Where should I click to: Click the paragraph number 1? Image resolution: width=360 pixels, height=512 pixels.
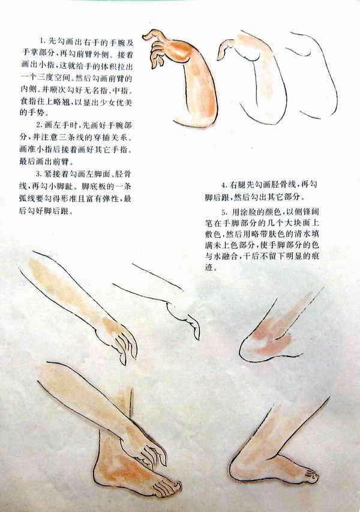(x=41, y=41)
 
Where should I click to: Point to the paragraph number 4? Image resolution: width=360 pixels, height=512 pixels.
(x=224, y=185)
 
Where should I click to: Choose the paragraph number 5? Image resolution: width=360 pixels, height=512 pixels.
(x=224, y=212)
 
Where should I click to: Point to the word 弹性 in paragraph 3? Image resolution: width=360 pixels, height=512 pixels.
(x=110, y=199)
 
